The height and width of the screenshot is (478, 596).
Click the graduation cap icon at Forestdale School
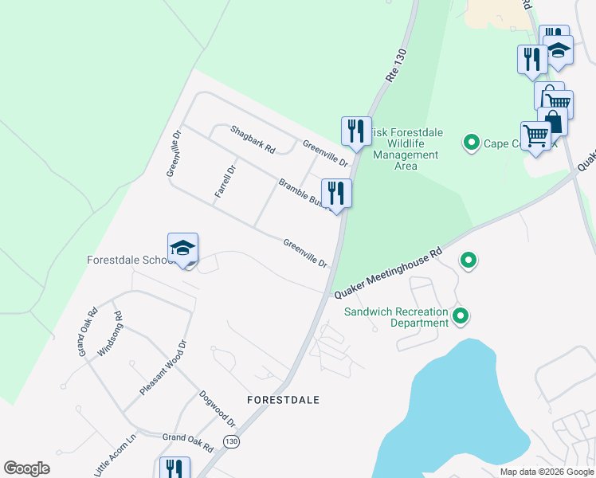pos(182,248)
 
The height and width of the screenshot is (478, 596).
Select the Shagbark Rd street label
pos(253,139)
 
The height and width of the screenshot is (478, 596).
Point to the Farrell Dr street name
pos(226,182)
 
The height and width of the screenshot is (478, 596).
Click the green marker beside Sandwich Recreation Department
pos(461,317)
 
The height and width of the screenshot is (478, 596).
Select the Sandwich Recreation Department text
pos(396,317)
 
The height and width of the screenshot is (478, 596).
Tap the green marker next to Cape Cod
pos(471,143)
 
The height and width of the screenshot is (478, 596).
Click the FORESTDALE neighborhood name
pos(283,399)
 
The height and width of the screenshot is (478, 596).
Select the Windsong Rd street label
pos(109,334)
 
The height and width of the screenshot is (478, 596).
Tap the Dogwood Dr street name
pos(217,407)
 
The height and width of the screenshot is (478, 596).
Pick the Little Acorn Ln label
pos(116,456)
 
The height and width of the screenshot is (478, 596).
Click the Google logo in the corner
pos(26,468)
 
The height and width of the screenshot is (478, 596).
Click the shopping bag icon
pos(553,122)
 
